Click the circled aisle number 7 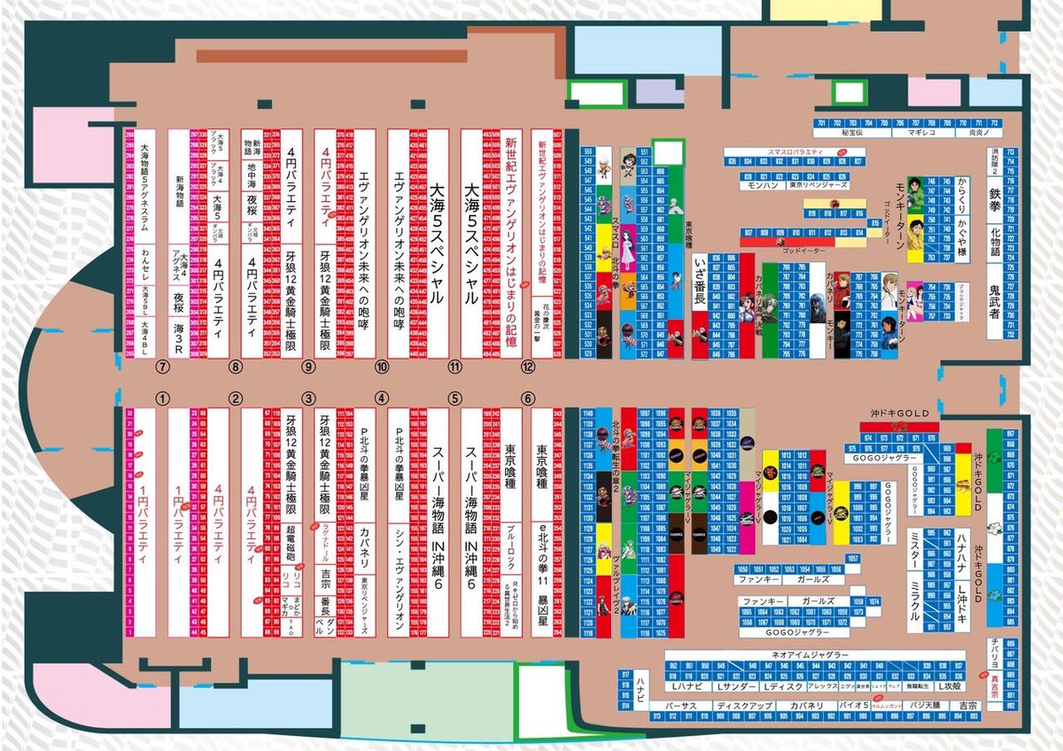pyautogui.click(x=161, y=365)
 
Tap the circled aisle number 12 pyautogui.click(x=529, y=365)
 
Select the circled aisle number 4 pyautogui.click(x=382, y=398)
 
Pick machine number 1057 pyautogui.click(x=852, y=558)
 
